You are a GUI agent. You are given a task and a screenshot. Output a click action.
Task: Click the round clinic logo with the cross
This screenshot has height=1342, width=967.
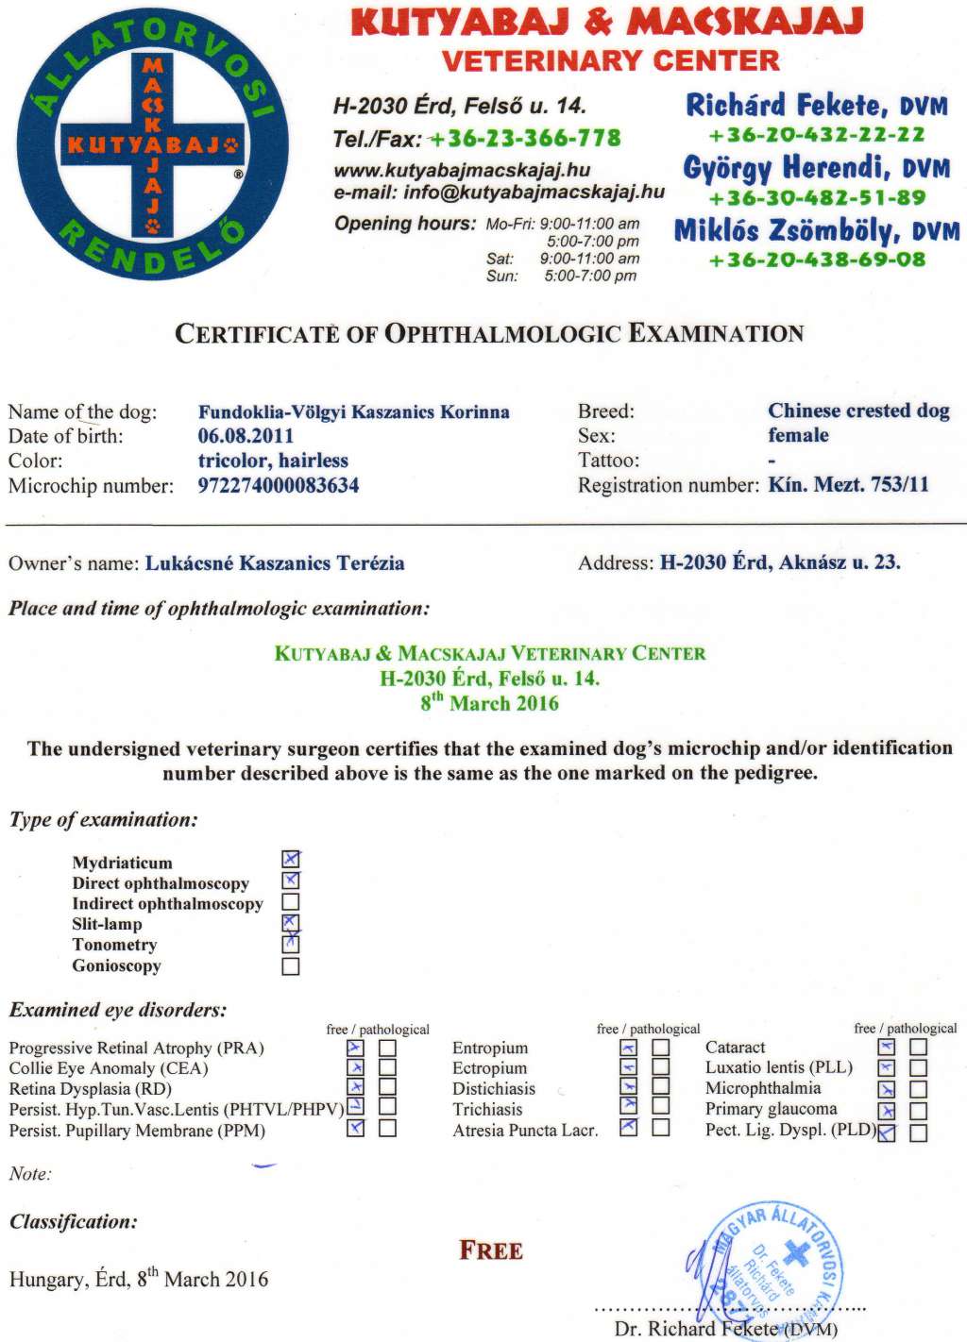coord(153,144)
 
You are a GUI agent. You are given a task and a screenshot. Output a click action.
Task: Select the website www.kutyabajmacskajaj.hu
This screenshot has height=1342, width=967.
coord(462,171)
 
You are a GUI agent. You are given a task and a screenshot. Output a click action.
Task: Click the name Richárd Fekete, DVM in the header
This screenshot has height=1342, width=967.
coord(816,105)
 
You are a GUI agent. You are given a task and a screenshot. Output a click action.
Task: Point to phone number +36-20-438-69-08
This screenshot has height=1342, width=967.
coord(817,260)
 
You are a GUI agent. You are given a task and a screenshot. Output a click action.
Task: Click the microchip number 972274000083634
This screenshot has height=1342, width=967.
coord(279,486)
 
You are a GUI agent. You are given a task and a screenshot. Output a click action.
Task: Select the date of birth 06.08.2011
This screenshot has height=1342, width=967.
coord(246,436)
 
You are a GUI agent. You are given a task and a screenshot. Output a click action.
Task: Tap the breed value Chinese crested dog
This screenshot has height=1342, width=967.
coord(858,411)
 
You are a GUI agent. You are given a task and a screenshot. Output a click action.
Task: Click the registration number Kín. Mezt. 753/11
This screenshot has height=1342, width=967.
coord(848,485)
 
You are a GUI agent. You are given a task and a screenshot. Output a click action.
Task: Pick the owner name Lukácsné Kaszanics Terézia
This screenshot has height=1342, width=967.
coord(275,563)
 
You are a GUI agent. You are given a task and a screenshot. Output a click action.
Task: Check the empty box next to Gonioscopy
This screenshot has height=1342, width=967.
coord(291,966)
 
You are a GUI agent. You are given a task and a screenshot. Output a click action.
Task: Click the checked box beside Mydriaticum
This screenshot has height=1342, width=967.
coord(291,859)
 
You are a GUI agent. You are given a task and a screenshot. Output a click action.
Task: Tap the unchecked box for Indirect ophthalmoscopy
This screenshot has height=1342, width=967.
coord(291,902)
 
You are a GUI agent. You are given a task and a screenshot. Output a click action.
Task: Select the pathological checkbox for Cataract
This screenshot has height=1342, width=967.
coord(919,1047)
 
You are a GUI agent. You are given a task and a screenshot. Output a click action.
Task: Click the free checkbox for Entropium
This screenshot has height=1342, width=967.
coord(629,1048)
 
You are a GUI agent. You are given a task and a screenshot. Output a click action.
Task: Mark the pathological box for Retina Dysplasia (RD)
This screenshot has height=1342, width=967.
coord(387,1089)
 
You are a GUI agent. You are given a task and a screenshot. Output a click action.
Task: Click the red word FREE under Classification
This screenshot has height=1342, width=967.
coord(491,1251)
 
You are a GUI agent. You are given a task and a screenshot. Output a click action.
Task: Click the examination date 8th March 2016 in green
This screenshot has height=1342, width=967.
coord(489,703)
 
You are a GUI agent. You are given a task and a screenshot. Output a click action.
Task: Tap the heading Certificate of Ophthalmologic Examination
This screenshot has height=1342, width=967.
coord(489,334)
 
